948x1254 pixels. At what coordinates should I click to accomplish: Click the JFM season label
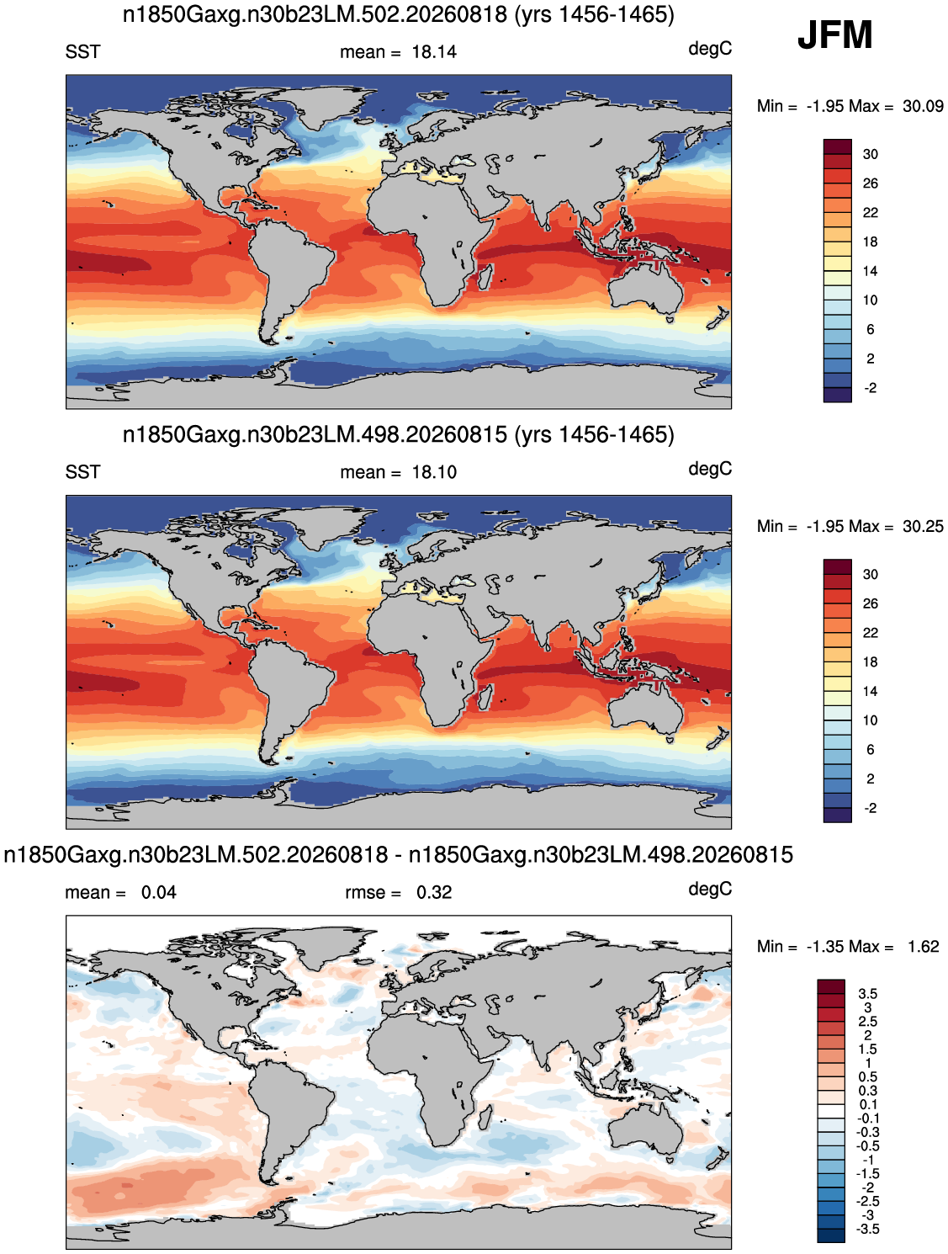click(x=834, y=35)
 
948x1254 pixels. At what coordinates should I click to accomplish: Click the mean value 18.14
click(x=434, y=52)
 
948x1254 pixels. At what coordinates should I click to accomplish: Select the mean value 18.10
click(x=434, y=472)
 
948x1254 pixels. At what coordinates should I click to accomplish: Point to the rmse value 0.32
click(x=434, y=892)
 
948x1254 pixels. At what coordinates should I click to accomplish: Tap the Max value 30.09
click(x=922, y=106)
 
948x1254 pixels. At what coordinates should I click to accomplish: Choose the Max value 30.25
click(x=922, y=526)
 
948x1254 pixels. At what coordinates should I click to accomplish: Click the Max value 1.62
click(x=923, y=946)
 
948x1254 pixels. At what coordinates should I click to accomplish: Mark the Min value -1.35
click(x=825, y=946)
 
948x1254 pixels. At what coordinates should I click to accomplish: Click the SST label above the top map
click(x=82, y=52)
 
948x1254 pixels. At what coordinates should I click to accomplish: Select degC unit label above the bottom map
click(x=709, y=889)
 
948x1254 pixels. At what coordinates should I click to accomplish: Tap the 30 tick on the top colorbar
click(x=870, y=154)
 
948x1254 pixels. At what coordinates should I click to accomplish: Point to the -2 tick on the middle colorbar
click(x=870, y=808)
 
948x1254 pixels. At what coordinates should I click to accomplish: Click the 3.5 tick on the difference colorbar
click(x=867, y=993)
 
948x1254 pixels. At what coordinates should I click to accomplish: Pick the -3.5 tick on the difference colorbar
click(x=867, y=1229)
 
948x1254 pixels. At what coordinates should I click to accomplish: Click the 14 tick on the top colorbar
click(x=870, y=271)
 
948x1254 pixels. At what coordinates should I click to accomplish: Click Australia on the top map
click(x=646, y=291)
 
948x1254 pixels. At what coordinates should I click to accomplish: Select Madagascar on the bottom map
click(x=485, y=1117)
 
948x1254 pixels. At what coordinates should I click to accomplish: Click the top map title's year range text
click(x=594, y=15)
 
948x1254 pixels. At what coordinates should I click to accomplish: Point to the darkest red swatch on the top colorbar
click(x=837, y=146)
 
